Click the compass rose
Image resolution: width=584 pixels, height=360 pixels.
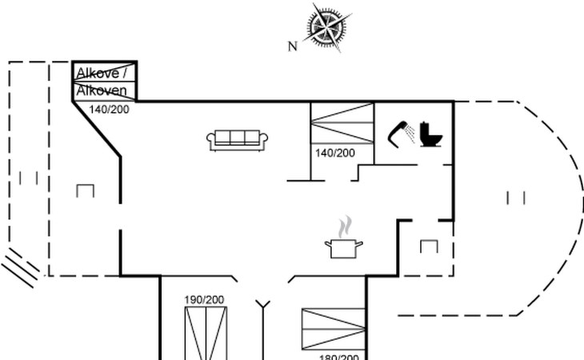point(329,27)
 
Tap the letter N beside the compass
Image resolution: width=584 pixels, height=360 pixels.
point(293,46)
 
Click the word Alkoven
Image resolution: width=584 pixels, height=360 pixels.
point(102,91)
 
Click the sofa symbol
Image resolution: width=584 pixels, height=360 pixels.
point(237,140)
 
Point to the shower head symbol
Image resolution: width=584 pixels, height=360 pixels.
point(398,133)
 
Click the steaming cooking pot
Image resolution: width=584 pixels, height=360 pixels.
point(343,246)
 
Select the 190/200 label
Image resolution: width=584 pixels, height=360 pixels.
point(204,299)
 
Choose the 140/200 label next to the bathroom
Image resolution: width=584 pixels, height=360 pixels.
point(335,152)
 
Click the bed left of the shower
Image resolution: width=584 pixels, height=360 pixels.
point(342,123)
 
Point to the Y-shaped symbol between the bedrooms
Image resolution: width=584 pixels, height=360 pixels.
point(263,305)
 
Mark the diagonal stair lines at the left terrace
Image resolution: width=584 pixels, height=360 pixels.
point(21,266)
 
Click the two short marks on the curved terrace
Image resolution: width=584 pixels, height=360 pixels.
point(516,197)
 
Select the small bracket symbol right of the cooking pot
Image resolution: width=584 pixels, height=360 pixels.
point(429,246)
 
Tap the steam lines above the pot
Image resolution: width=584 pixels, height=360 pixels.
point(345,226)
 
